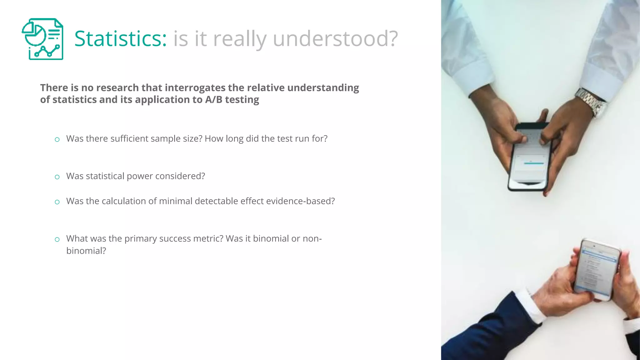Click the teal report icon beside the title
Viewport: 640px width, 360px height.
pos(42,39)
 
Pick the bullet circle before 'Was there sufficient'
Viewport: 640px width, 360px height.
pos(57,139)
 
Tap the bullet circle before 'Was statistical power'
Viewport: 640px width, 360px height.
pos(57,177)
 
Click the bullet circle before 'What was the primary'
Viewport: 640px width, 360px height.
pos(57,239)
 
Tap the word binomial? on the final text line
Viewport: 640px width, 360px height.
pos(86,251)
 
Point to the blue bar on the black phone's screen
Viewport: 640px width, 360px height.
pos(534,163)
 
